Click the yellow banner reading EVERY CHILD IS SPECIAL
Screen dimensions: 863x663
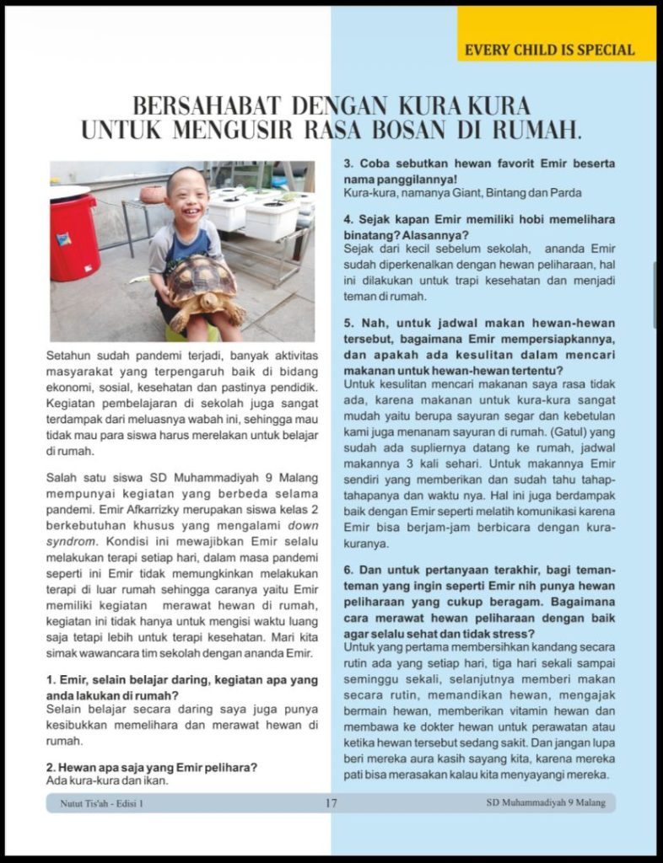click(549, 50)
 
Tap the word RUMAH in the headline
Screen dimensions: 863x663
click(527, 131)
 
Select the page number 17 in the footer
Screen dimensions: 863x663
click(331, 803)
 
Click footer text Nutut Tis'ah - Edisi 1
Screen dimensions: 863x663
click(102, 803)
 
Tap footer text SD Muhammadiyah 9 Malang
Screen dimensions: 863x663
click(546, 803)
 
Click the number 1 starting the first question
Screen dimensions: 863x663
click(51, 679)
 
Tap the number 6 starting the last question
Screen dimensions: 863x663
click(348, 570)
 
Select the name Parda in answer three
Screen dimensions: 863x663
click(567, 193)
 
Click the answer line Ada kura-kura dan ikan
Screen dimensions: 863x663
click(107, 780)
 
